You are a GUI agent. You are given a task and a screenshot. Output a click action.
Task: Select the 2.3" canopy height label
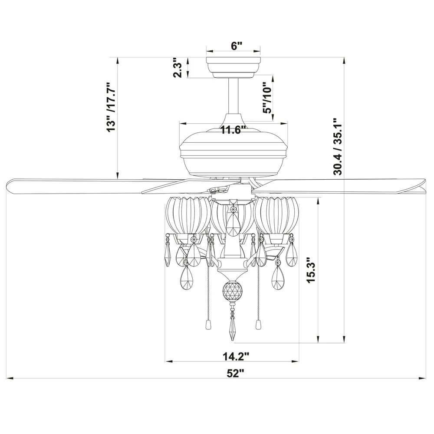click(x=177, y=68)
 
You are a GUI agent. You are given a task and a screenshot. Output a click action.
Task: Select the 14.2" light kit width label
click(x=236, y=356)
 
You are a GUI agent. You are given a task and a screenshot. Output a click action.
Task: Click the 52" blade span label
click(x=236, y=373)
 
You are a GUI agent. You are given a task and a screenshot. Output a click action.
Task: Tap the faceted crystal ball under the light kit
click(x=232, y=290)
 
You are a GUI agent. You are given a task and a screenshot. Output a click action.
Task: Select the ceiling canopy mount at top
click(x=233, y=65)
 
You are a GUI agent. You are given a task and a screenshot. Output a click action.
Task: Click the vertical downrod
click(x=233, y=95)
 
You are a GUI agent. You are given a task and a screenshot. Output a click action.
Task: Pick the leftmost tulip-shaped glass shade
click(x=187, y=215)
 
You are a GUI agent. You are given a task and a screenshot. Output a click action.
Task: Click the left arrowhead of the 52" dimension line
click(x=10, y=378)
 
